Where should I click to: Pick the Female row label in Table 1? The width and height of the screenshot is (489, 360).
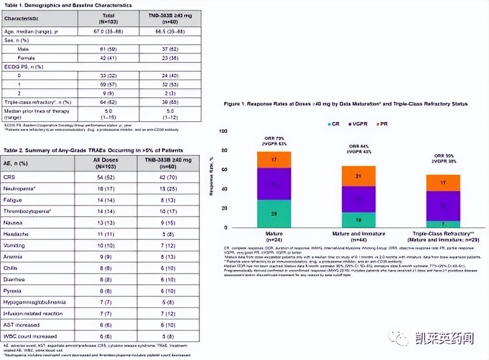point(26,58)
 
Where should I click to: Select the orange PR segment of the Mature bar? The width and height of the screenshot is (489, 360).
point(274,160)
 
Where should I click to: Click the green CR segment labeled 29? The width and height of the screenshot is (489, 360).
point(274,213)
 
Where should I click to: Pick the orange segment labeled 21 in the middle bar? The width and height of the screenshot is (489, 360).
point(359,176)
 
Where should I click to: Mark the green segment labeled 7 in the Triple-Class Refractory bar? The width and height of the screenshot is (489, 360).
point(443,224)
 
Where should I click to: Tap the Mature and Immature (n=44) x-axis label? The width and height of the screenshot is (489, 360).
point(359,236)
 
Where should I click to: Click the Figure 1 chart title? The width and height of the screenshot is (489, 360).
point(345,104)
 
